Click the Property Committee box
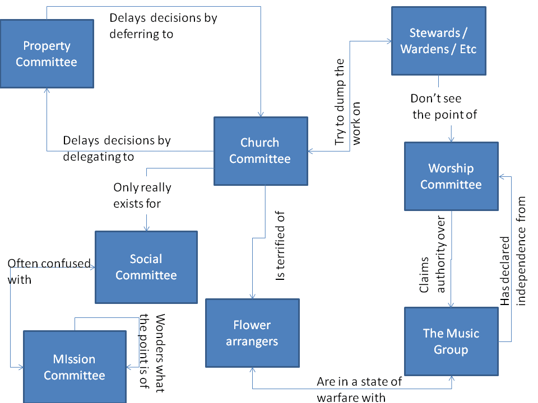pyautogui.click(x=47, y=54)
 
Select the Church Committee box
pyautogui.click(x=260, y=151)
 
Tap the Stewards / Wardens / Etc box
pyautogui.click(x=438, y=41)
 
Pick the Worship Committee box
pyautogui.click(x=451, y=176)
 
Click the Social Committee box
pyautogui.click(x=146, y=267)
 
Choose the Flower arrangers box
pyautogui.click(x=252, y=333)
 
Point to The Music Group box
pyautogui.click(x=451, y=341)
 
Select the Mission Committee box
pyautogui.click(x=74, y=367)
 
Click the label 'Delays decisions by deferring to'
pyautogui.click(x=163, y=26)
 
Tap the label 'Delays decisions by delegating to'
pyautogui.click(x=117, y=148)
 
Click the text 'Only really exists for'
pyautogui.click(x=142, y=195)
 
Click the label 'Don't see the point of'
pyautogui.click(x=444, y=107)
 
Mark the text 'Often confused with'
pyautogui.click(x=49, y=271)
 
